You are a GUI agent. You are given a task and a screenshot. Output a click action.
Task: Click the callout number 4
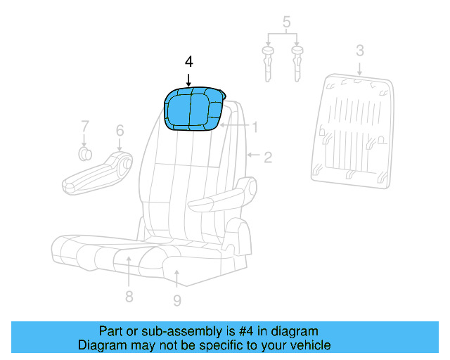click(188, 61)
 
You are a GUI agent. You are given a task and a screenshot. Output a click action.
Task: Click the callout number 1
click(255, 127)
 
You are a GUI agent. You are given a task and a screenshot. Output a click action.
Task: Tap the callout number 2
click(268, 157)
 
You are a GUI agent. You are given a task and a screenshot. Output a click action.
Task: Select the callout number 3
click(359, 50)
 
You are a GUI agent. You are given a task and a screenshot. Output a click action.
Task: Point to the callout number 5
click(286, 22)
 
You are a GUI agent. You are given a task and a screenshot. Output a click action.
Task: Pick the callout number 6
click(120, 130)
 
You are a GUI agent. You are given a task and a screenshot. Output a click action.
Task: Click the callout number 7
click(84, 127)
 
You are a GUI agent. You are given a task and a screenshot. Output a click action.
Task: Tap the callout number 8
click(129, 296)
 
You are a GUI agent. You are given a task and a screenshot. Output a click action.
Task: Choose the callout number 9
click(176, 300)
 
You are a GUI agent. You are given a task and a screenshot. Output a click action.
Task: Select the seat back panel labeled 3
click(352, 134)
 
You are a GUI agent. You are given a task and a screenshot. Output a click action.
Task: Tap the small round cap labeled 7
click(84, 154)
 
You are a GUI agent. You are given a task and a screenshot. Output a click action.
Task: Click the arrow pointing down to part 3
click(359, 68)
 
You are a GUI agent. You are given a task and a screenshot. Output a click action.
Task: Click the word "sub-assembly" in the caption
click(158, 331)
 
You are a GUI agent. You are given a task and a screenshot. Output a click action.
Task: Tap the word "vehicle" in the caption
click(309, 345)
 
